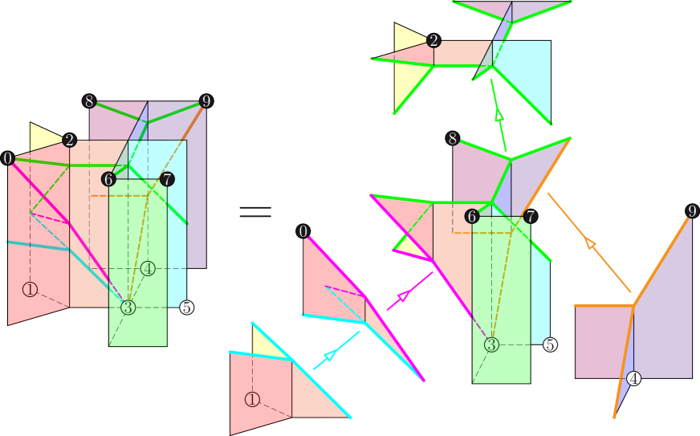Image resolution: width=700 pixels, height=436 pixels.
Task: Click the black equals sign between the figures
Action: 255,212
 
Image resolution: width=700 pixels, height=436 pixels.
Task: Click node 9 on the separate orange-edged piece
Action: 692,212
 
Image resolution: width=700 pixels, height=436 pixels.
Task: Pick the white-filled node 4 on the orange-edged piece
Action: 633,378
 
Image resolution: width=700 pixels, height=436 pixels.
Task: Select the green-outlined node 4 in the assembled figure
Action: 148,268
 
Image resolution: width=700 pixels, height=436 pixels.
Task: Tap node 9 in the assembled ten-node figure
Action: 206,101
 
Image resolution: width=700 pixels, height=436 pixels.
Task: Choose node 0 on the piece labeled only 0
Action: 303,232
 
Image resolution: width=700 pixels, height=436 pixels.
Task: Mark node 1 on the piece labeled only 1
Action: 252,399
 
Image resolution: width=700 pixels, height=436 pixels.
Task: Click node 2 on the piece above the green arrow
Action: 433,40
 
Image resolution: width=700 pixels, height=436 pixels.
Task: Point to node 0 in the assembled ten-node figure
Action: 8,158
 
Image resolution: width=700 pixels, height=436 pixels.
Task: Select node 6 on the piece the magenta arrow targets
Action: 472,216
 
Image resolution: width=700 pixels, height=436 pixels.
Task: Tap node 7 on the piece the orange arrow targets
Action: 530,216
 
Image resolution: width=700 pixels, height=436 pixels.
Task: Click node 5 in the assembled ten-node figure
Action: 186,308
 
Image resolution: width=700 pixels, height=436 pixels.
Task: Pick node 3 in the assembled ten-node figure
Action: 128,308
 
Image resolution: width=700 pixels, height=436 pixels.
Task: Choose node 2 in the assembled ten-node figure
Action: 70,141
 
